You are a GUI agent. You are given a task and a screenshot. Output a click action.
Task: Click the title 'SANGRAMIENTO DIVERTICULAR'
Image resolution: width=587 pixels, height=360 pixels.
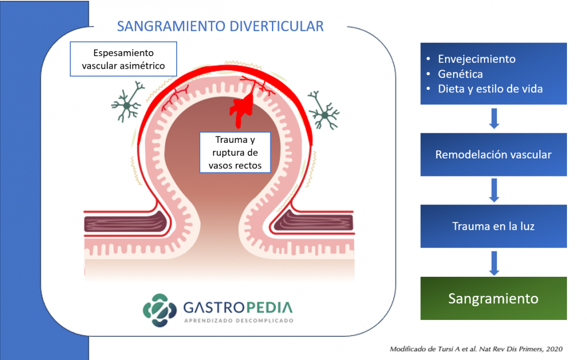coord(220,27)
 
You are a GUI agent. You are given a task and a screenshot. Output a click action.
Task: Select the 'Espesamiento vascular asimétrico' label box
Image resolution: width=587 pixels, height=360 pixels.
coord(123,59)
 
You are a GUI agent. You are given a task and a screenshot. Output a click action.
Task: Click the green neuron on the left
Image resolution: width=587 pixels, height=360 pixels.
coord(127,104)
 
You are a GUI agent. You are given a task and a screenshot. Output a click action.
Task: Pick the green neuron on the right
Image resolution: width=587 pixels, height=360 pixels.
coord(324,114)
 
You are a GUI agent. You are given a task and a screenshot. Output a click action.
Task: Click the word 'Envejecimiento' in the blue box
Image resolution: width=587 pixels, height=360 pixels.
coord(476,59)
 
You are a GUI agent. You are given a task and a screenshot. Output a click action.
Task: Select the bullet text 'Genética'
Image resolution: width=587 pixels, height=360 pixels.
coord(460,74)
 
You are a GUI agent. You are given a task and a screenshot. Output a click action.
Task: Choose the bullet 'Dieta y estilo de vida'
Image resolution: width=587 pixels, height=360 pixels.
coord(490,89)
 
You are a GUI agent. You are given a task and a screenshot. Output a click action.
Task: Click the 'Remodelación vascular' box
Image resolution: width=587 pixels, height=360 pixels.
coord(493,154)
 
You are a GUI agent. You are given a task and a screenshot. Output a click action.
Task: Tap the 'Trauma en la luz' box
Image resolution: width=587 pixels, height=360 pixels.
coord(493,226)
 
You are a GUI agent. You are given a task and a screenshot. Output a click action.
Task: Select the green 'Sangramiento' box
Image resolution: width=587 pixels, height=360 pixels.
coord(493,299)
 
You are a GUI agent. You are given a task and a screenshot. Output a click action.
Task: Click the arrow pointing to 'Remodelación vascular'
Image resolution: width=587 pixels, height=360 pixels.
coord(494,119)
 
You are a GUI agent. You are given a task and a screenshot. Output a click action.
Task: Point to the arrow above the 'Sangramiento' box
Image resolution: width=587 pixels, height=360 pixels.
coord(494,262)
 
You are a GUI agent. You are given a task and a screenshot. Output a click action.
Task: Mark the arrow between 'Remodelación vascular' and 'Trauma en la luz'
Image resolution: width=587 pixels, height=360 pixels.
coord(494,190)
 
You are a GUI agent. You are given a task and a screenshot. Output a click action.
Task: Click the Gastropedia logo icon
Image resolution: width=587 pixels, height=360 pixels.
coord(160,310)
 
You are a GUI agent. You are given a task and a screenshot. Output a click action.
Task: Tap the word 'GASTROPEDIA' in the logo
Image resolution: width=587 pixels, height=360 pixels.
coord(238,307)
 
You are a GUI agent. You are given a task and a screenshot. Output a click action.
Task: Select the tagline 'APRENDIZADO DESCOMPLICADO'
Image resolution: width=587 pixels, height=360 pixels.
coord(238,320)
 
